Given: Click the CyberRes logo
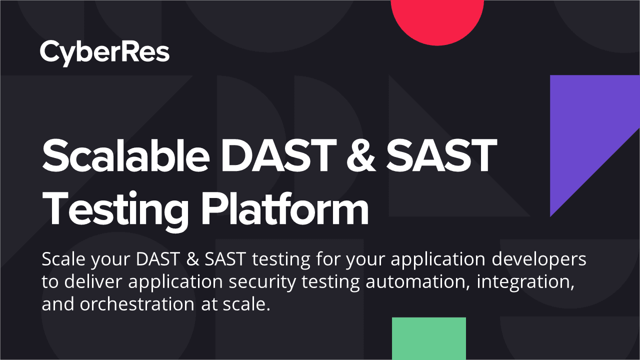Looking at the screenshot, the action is [x=104, y=53].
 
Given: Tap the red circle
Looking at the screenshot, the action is [x=437, y=20].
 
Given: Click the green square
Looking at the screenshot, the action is [x=429, y=338].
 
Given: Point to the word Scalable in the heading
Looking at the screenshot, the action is [x=125, y=155].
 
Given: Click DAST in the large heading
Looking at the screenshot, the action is [x=278, y=155].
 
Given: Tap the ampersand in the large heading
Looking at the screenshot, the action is [x=361, y=155].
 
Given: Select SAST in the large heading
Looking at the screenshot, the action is [x=441, y=155].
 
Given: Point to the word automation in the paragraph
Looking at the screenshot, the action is [x=417, y=282].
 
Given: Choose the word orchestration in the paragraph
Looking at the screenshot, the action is [x=137, y=304].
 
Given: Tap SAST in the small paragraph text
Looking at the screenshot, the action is [x=225, y=259].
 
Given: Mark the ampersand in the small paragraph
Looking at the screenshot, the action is [x=192, y=259].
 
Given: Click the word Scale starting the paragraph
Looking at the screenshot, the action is [x=63, y=259].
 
